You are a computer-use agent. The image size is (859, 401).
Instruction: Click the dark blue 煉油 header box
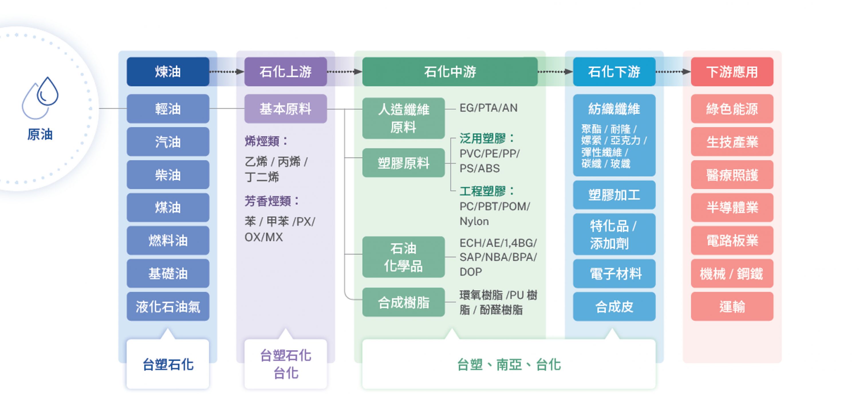click(x=168, y=72)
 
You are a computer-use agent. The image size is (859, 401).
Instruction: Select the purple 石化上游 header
click(x=285, y=72)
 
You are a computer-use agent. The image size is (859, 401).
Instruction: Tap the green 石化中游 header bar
click(x=450, y=72)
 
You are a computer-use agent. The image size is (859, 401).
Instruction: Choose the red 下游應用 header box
click(x=732, y=72)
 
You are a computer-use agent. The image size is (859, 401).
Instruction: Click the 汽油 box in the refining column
click(x=168, y=142)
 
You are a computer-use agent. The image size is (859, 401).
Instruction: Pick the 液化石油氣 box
click(x=168, y=306)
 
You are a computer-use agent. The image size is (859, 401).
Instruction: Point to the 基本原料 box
click(x=285, y=109)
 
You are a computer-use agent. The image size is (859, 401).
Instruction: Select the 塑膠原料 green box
click(x=403, y=163)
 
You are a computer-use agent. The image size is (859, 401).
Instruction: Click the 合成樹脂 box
click(x=403, y=302)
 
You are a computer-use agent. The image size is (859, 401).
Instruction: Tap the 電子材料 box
click(x=614, y=274)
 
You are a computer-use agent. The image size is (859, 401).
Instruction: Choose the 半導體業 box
click(x=732, y=207)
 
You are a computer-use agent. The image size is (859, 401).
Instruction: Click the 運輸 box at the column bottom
click(x=732, y=306)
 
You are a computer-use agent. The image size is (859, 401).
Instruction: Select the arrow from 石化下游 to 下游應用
click(x=673, y=72)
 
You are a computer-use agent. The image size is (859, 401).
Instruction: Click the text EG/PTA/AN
click(x=488, y=108)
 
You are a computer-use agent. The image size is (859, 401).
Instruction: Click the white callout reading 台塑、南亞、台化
click(x=509, y=364)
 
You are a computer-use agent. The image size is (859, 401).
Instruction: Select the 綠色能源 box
click(x=732, y=109)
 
